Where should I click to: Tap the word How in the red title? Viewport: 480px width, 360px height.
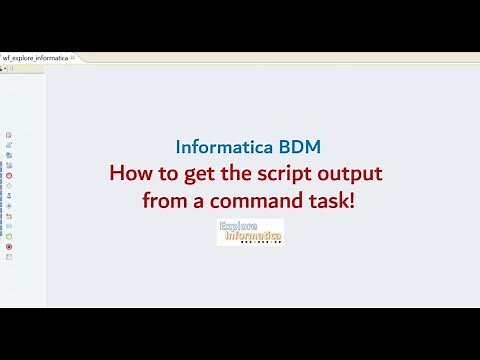131,173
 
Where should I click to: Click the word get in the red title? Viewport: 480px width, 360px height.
200,174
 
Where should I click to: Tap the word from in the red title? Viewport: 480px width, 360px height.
165,200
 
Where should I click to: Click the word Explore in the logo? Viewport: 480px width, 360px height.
238,227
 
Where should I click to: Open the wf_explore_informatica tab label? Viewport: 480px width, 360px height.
36,58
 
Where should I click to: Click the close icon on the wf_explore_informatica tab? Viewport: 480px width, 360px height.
73,58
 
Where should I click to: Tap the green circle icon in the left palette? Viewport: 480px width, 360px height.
9,236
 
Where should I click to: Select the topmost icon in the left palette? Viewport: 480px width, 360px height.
9,134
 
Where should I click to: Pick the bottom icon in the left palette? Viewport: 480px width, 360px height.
9,257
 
